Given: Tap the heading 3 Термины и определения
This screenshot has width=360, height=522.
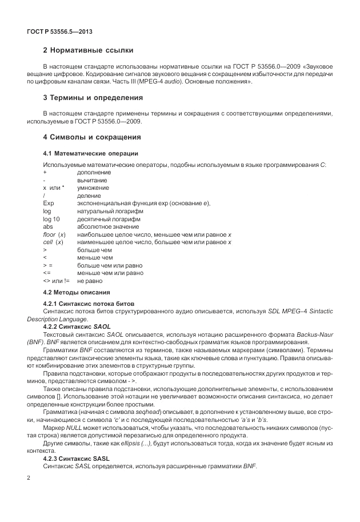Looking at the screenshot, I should pyautogui.click(x=93, y=98).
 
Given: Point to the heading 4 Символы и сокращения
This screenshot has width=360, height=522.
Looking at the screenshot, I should pyautogui.click(x=91, y=137).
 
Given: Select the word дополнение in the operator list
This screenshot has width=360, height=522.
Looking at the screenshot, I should pyautogui.click(x=94, y=172).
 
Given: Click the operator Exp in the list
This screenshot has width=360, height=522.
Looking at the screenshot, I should pyautogui.click(x=48, y=204).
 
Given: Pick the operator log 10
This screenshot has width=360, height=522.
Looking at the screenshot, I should pyautogui.click(x=51, y=219).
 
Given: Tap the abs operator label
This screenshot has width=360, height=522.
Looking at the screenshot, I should pyautogui.click(x=47, y=227).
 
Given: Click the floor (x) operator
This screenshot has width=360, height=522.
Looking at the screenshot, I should pyautogui.click(x=54, y=235).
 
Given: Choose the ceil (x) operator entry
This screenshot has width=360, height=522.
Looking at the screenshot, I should pyautogui.click(x=53, y=242).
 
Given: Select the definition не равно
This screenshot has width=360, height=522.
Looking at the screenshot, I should pyautogui.click(x=89, y=281).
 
